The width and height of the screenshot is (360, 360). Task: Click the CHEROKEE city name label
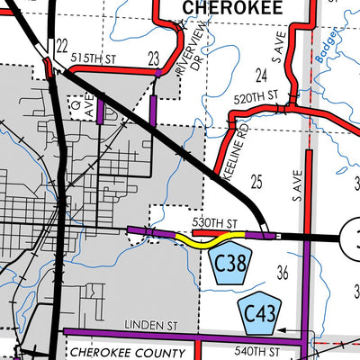232,7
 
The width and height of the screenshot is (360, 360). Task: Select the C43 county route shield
260,311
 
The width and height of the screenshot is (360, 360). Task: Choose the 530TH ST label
215,222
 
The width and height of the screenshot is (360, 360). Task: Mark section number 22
61,44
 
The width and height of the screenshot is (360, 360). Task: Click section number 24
262,74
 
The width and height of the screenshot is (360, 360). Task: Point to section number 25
256,183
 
